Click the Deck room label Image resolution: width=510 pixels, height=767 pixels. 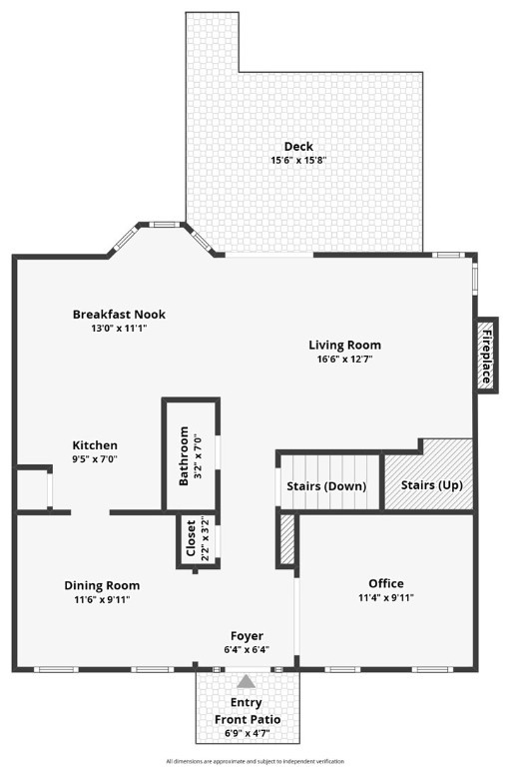coord(298,146)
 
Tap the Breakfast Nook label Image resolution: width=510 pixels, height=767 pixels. coord(119,314)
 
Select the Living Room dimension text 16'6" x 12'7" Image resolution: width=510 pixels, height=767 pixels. coord(344,360)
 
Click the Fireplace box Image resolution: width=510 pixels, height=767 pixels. coord(486,356)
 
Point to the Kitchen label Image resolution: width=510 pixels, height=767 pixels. coord(95,445)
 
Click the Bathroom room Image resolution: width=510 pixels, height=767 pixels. coord(191,455)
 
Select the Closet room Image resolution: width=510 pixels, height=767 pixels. coord(198,539)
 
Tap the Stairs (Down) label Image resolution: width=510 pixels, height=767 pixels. coord(326,485)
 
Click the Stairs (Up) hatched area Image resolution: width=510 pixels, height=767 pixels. coord(429,474)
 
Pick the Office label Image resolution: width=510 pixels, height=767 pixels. coord(386,583)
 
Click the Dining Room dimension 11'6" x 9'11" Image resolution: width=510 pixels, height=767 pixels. coord(102,599)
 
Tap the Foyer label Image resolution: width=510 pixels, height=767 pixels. coord(247,636)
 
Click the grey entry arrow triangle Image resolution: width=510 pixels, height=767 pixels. coord(247,681)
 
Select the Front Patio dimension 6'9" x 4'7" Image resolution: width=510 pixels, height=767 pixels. coord(248,734)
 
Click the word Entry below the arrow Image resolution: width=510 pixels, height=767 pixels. coord(246,702)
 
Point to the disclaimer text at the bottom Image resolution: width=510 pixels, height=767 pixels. coord(255,761)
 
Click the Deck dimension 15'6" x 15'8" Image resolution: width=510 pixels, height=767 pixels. coord(298,160)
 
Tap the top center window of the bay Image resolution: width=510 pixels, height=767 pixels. coord(162,225)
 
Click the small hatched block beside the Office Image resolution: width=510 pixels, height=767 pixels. coord(287,539)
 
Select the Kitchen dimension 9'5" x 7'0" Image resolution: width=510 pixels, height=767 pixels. coord(95,459)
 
